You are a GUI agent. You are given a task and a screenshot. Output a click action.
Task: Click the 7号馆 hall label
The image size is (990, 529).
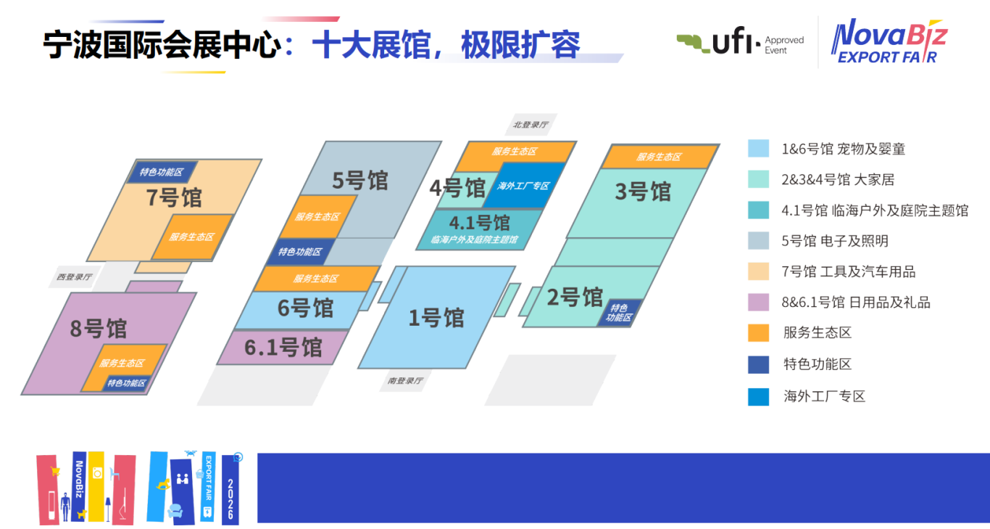[x=174, y=197]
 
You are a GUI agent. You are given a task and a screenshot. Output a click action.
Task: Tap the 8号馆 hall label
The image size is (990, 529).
[x=98, y=329]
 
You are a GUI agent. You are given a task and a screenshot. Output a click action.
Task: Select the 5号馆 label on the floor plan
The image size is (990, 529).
[x=359, y=181]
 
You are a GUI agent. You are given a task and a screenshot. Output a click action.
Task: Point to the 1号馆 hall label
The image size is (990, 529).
[x=436, y=318]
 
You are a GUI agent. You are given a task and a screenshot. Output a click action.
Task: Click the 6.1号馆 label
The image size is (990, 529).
[x=283, y=348]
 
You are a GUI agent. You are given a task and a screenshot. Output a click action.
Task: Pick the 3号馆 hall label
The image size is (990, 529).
[x=643, y=192]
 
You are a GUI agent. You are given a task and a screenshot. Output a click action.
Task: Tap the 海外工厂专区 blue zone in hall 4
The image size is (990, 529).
[x=523, y=186]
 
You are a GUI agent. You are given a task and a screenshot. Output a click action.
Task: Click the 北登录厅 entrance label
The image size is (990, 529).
[x=531, y=125]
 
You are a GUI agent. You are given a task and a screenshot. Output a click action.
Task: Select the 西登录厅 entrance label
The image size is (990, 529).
[x=74, y=276]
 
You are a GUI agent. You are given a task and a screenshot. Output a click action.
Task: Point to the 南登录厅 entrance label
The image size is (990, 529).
[x=405, y=381]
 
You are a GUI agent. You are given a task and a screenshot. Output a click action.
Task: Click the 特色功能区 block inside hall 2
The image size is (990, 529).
[x=619, y=313]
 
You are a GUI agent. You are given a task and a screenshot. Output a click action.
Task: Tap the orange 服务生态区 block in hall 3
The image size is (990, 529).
[x=660, y=157]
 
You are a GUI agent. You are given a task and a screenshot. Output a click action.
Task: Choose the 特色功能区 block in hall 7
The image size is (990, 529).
[x=162, y=172]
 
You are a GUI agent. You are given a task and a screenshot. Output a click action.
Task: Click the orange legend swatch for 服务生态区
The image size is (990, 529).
[x=758, y=333]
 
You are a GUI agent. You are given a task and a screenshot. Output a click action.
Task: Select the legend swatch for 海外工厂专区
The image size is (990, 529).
[x=758, y=396]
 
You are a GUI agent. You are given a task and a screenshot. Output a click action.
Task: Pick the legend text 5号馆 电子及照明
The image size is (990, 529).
[x=835, y=241]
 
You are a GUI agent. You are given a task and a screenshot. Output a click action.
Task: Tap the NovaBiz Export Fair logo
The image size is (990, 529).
[x=889, y=41]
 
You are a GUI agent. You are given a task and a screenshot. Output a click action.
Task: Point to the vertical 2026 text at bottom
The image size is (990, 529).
[x=230, y=499]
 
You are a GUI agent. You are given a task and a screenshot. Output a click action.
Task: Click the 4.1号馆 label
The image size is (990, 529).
[x=480, y=223]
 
